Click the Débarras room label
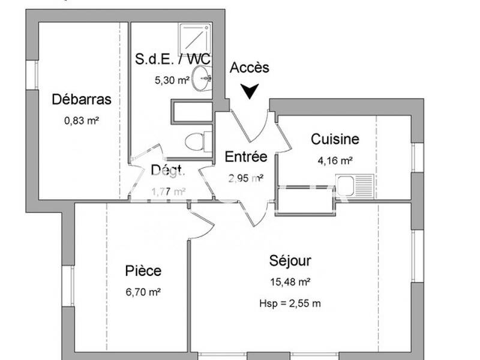(x=82, y=99)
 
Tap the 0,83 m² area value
(x=82, y=120)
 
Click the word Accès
(x=250, y=68)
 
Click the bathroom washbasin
(x=202, y=77)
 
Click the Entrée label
(x=245, y=157)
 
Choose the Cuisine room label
(x=335, y=139)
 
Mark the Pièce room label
(x=143, y=271)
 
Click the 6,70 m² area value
(x=143, y=292)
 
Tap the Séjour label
(x=290, y=261)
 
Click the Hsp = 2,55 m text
(x=290, y=303)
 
